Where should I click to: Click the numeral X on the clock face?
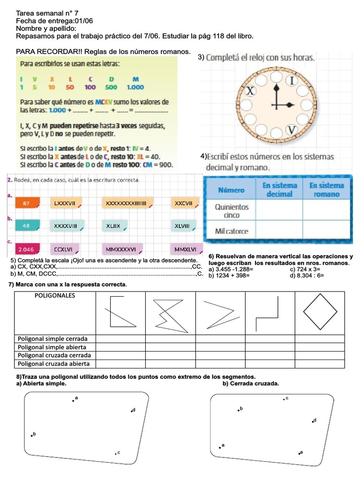[x=251, y=91]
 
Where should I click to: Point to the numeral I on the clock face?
[x=293, y=81]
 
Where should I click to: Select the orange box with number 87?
[x=26, y=203]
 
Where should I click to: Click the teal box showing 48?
[x=26, y=225]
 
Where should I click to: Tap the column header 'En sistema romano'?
[x=326, y=189]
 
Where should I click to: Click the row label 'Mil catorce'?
[x=232, y=231]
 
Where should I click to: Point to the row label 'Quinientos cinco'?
[x=232, y=210]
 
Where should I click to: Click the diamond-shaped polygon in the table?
[x=320, y=311]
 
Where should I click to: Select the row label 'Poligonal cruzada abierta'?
[x=53, y=363]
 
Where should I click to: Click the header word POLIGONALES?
[x=55, y=295]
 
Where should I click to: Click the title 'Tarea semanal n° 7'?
[x=44, y=14]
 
